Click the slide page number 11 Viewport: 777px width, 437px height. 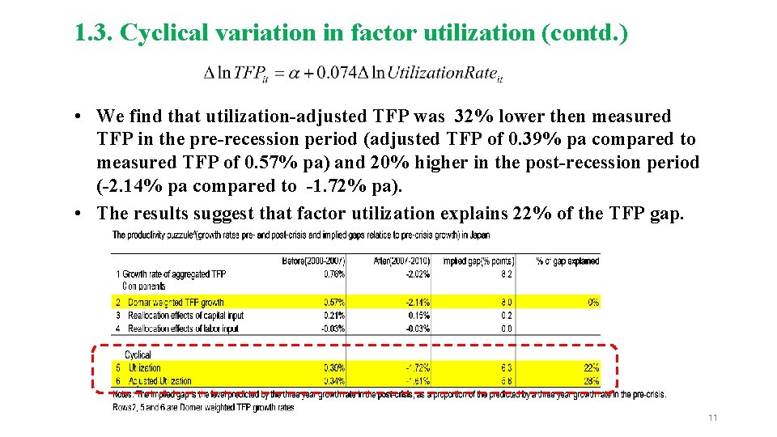[x=713, y=418]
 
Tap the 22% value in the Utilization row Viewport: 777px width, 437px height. [x=590, y=367]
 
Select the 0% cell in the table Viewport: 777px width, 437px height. [x=593, y=302]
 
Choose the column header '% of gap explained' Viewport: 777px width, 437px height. [x=567, y=261]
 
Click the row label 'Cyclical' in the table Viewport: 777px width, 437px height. [x=138, y=354]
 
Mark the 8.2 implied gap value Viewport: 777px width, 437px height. [x=506, y=274]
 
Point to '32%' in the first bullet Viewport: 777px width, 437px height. [x=472, y=117]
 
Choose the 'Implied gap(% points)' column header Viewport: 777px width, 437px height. [x=477, y=261]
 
